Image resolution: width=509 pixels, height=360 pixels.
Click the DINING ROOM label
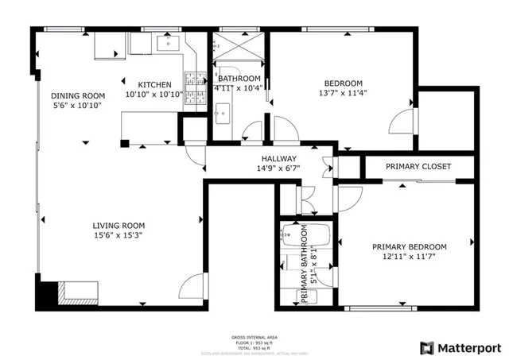[x=78, y=95]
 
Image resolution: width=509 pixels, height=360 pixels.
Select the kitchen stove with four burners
[x=194, y=79]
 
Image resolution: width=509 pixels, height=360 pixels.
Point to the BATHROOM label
[x=239, y=78]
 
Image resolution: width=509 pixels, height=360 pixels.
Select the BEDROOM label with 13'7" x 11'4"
[x=343, y=83]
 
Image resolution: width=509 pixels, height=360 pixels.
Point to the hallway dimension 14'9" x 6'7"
[x=277, y=168]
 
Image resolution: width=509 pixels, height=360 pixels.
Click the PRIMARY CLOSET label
[x=418, y=166]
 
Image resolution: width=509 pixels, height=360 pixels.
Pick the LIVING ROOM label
[x=119, y=225]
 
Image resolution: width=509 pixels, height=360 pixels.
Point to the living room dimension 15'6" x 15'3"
[x=119, y=235]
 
